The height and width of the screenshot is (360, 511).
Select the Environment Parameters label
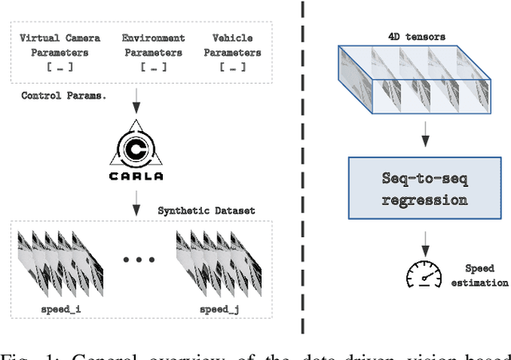tap(153, 45)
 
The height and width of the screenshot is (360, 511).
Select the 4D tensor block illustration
tap(412, 83)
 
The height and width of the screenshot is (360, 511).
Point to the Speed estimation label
tap(481, 275)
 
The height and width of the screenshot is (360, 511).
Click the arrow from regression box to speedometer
tap(426, 238)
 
